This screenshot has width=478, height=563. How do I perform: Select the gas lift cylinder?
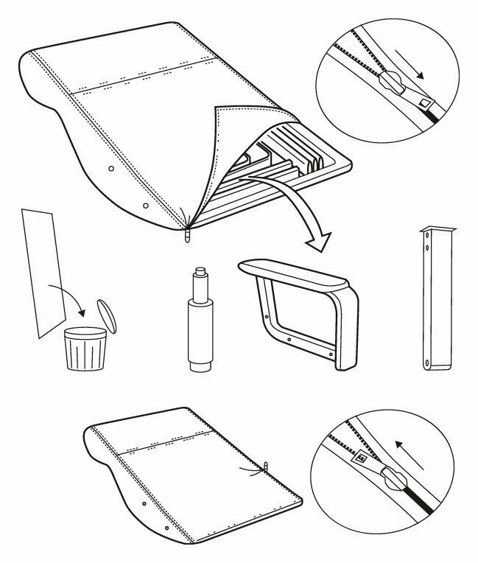(x=198, y=324)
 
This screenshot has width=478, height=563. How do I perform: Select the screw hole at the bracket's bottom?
(x=428, y=360)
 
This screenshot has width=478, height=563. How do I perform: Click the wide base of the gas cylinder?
(x=198, y=365)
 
